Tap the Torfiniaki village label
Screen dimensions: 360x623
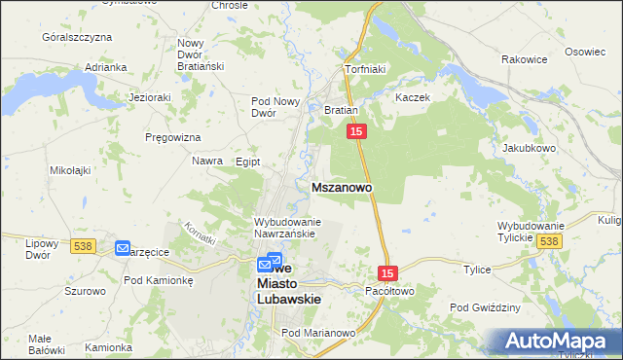click(367, 70)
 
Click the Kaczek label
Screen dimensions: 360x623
click(413, 98)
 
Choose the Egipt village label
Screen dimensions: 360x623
click(247, 162)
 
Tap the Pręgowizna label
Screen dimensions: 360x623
click(172, 137)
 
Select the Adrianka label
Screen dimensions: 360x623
click(106, 67)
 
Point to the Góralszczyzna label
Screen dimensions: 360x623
click(77, 36)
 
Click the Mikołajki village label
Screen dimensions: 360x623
click(70, 169)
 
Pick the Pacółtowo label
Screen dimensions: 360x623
click(389, 291)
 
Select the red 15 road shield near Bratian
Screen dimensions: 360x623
click(356, 131)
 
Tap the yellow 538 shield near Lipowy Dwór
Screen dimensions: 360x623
click(82, 247)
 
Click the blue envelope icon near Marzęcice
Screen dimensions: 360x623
click(123, 248)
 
